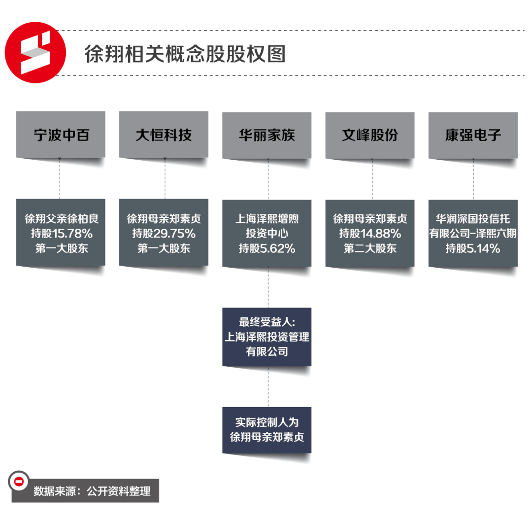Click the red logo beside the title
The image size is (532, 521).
click(x=35, y=52)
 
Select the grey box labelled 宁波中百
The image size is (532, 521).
click(x=61, y=135)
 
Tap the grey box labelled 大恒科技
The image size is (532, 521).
click(x=164, y=135)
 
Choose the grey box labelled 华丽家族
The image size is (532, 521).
click(x=266, y=135)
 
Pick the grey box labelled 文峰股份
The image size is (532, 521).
click(x=369, y=135)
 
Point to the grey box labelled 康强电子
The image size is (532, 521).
click(x=473, y=135)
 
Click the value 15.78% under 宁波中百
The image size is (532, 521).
click(x=74, y=234)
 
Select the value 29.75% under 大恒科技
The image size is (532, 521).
click(x=177, y=234)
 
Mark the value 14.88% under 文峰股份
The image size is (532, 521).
click(x=383, y=234)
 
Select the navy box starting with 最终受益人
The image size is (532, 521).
click(x=266, y=337)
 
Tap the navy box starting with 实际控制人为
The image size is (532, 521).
click(x=266, y=430)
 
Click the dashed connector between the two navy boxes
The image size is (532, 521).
click(x=268, y=386)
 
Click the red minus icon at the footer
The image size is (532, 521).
click(x=19, y=482)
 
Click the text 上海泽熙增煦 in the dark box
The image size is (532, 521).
click(x=266, y=218)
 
